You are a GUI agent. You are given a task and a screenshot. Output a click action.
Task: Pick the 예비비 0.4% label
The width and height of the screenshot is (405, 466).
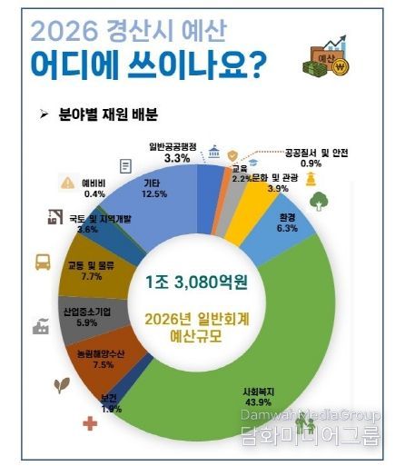[x=94, y=187]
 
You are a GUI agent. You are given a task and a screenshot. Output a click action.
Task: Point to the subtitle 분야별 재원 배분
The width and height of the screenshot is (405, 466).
[x=119, y=115]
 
